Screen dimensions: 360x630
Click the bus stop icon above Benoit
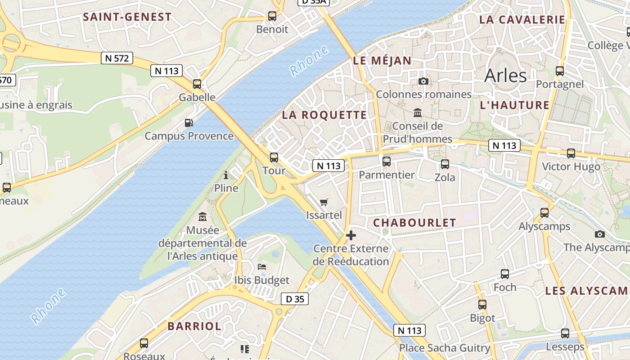[x=272, y=16]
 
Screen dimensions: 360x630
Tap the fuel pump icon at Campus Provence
[x=189, y=122]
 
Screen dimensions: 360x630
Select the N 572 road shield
[x=117, y=58]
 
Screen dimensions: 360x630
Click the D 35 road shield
[x=295, y=299]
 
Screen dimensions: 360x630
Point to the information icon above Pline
[x=226, y=175]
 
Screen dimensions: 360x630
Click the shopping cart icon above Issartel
[x=324, y=202]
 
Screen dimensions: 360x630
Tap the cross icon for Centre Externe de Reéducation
[x=351, y=235]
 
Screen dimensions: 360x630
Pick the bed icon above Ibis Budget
[x=262, y=267]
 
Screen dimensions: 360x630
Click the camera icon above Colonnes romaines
[x=423, y=81]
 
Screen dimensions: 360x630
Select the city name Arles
[x=505, y=76]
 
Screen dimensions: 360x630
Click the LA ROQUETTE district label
[x=324, y=115]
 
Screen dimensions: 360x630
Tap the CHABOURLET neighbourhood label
[x=414, y=222]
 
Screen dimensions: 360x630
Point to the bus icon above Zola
[x=445, y=164]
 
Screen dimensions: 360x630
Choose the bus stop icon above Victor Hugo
[x=571, y=153]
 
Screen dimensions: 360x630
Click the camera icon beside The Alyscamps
[x=599, y=234]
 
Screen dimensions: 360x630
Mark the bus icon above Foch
[x=505, y=274]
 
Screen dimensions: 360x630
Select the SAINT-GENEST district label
[x=127, y=17]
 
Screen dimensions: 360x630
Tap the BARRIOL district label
[x=194, y=326]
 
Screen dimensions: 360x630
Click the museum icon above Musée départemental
[x=202, y=217]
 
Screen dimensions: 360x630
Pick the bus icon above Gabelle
[x=197, y=84]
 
